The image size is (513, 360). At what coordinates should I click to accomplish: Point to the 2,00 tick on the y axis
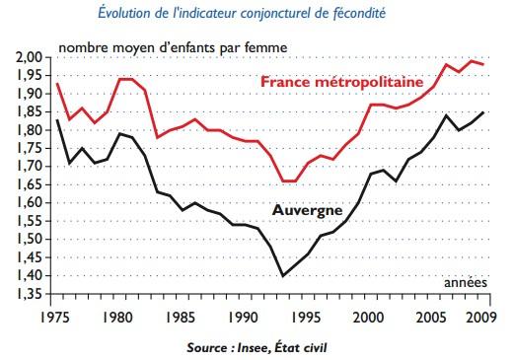coord(29,57)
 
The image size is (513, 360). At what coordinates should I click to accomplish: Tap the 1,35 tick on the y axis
coord(29,294)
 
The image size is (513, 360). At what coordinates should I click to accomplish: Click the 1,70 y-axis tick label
coord(29,167)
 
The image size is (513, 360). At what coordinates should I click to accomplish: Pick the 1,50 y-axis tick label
coord(29,240)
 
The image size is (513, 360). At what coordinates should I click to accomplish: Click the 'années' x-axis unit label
coord(465,282)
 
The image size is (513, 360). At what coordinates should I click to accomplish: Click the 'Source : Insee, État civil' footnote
coord(258,347)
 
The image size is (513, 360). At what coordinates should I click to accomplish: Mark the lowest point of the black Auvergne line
coord(284,276)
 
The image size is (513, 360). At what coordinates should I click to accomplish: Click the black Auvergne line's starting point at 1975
coord(57,120)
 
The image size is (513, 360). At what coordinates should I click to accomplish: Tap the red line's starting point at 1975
coord(57,84)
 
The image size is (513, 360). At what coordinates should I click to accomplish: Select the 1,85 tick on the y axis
coord(29,112)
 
